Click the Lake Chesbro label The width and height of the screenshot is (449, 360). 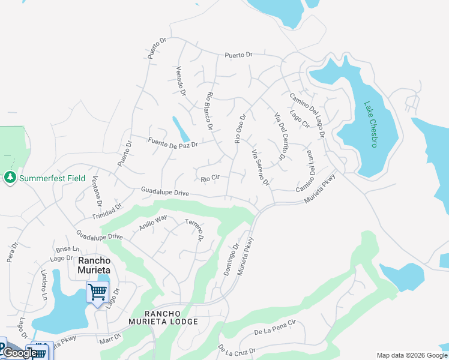pyautogui.click(x=370, y=124)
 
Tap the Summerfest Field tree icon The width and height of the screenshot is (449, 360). pyautogui.click(x=10, y=178)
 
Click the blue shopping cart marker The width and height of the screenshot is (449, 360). pyautogui.click(x=97, y=293)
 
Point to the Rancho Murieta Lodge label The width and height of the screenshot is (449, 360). pyautogui.click(x=171, y=318)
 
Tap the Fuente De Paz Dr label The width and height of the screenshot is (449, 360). pyautogui.click(x=172, y=142)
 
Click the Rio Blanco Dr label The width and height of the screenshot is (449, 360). pyautogui.click(x=209, y=109)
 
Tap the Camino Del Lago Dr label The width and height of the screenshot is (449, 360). pyautogui.click(x=306, y=115)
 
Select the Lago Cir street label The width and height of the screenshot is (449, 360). pyautogui.click(x=299, y=119)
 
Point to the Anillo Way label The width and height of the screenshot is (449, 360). pyautogui.click(x=153, y=223)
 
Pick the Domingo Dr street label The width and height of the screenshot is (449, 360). pyautogui.click(x=232, y=259)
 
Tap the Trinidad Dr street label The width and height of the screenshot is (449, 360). pyautogui.click(x=107, y=211)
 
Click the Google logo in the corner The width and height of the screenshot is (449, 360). pyautogui.click(x=20, y=353)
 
